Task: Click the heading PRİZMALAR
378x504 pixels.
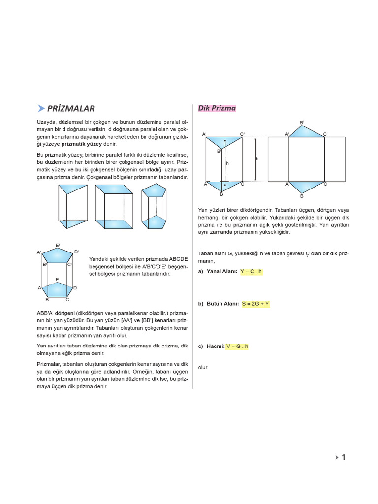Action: coord(71,109)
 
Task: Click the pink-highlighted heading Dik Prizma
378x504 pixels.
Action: coord(217,108)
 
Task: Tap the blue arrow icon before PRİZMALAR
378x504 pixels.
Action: coord(41,109)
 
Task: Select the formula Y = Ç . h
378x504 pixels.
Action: coord(251,272)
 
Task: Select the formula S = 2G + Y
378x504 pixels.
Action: coord(255,304)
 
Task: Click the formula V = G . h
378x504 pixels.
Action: coord(237,346)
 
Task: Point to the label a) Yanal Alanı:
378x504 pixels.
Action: coord(218,272)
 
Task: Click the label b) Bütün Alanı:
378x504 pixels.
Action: coord(219,304)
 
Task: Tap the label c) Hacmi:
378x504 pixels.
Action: coord(211,346)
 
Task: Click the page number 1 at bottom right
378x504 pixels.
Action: coord(343,458)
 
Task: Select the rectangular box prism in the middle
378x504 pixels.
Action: coord(114,207)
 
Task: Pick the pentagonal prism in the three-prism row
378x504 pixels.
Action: coord(153,207)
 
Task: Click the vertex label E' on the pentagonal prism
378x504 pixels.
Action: coord(58,245)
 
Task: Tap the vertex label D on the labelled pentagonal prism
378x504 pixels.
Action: coord(75,287)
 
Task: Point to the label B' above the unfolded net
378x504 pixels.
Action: coord(302,122)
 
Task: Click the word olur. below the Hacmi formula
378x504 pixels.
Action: coord(203,367)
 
